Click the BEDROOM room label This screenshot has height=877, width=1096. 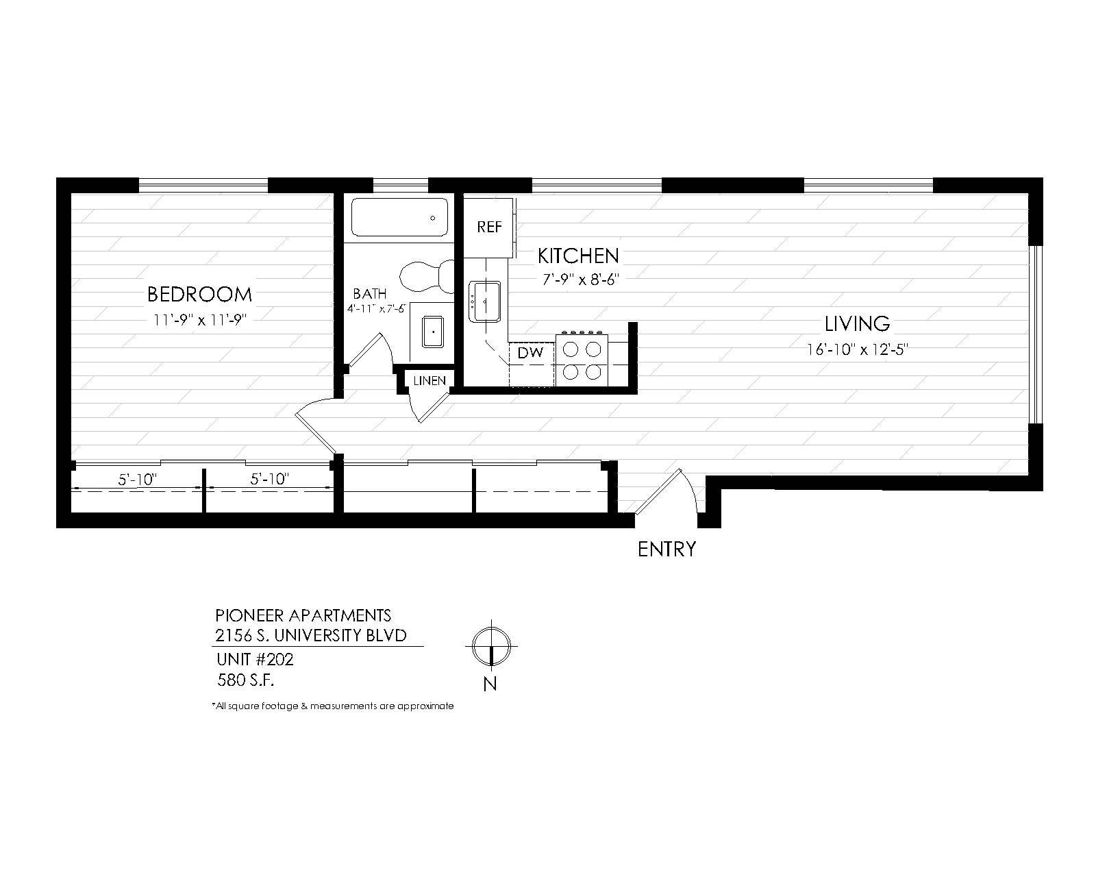199,294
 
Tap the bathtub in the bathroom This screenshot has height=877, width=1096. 400,217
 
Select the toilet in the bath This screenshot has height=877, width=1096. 427,276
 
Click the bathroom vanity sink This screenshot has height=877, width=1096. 433,332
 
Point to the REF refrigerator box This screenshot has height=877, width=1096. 488,227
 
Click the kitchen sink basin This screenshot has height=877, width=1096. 484,301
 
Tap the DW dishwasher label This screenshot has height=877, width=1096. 530,352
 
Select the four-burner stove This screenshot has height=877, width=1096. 582,360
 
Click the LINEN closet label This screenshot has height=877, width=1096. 429,381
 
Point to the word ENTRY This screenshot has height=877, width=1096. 667,549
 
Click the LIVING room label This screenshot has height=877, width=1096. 857,323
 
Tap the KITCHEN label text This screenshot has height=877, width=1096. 578,256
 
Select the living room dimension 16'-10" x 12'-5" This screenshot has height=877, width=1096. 858,349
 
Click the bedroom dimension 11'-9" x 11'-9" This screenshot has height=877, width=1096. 200,320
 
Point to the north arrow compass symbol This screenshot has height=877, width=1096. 491,646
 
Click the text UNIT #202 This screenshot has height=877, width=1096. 255,659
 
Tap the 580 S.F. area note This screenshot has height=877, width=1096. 245,680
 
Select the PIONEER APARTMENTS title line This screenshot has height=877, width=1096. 303,615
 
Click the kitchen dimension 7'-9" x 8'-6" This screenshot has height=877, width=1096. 581,280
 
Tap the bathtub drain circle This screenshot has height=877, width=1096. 433,218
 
